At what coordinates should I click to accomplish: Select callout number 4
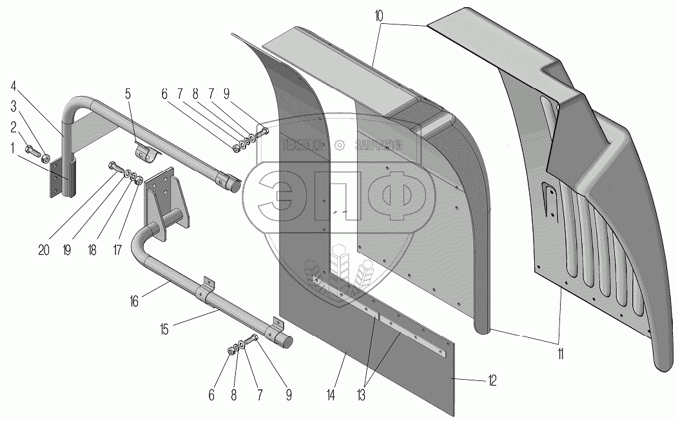click(14, 86)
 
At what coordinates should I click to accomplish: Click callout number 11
click(561, 353)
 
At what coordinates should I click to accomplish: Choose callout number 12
click(493, 381)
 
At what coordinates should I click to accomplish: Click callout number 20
click(44, 250)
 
